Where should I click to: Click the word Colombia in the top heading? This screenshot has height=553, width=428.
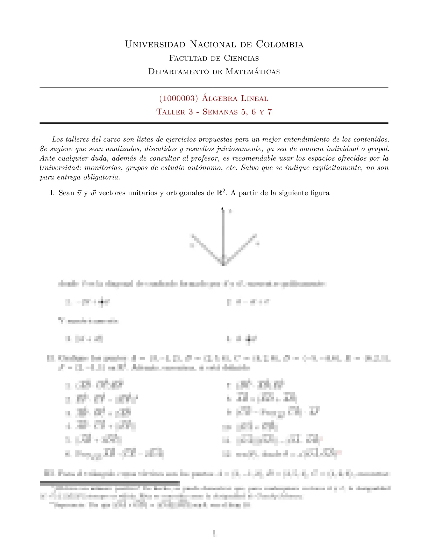280,44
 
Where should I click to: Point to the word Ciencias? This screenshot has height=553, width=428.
241,58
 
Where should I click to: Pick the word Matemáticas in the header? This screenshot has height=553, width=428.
252,72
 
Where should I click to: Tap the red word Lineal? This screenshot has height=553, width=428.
255,98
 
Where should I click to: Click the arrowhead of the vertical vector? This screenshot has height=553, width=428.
223,209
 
